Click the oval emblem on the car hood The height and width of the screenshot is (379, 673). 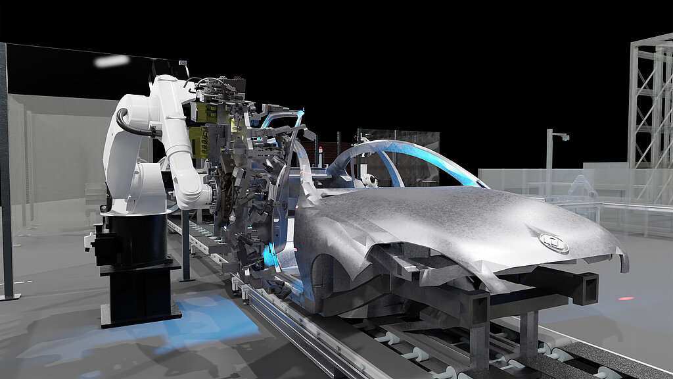(x=553, y=243)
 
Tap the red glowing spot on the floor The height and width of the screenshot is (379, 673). (x=626, y=298)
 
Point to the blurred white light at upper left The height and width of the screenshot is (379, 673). (x=111, y=61)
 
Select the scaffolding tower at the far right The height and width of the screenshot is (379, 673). (x=651, y=105)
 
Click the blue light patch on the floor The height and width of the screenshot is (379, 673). (x=210, y=322)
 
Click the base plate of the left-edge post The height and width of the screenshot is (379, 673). (x=9, y=297)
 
